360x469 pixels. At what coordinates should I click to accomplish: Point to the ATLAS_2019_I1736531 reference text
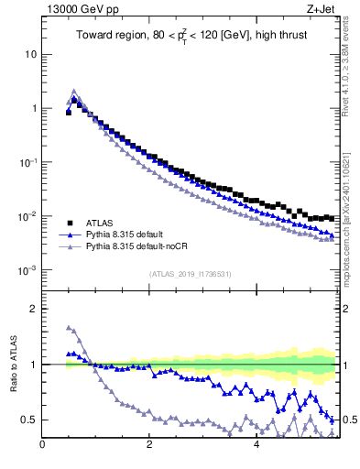click(190, 274)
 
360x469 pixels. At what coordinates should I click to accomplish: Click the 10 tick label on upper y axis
click(30, 54)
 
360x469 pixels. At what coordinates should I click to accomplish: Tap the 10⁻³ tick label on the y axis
click(27, 270)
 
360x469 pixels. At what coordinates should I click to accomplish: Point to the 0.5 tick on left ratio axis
click(29, 420)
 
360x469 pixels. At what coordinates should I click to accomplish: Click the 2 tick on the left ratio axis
click(33, 309)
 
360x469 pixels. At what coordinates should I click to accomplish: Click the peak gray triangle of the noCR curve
click(74, 92)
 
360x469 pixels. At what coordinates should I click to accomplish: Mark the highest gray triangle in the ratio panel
click(69, 327)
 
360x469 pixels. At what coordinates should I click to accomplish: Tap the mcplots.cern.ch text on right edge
click(351, 247)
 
